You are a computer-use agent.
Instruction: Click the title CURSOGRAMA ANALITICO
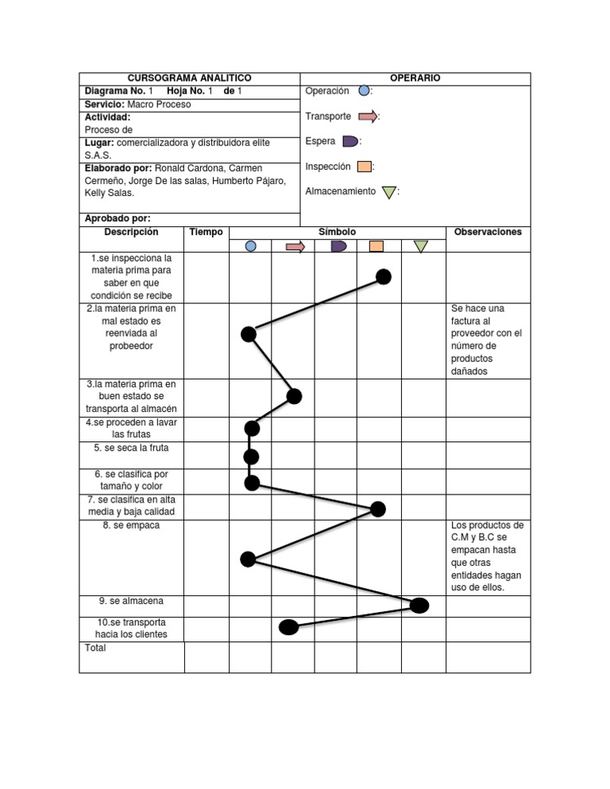pyautogui.click(x=189, y=79)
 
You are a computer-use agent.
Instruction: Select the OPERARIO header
pyautogui.click(x=415, y=79)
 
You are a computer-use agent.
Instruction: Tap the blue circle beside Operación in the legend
pyautogui.click(x=364, y=91)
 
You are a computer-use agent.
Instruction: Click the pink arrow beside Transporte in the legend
pyautogui.click(x=367, y=117)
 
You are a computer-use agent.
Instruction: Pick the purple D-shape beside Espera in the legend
pyautogui.click(x=349, y=141)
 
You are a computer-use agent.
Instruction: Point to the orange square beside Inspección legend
pyautogui.click(x=364, y=167)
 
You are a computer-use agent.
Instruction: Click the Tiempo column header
pyautogui.click(x=207, y=232)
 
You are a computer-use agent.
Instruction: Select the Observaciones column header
pyautogui.click(x=488, y=232)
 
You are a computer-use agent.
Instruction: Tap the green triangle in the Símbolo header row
pyautogui.click(x=420, y=247)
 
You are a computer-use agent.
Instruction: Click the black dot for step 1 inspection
pyautogui.click(x=384, y=276)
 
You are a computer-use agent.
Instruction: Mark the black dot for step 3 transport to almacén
pyautogui.click(x=294, y=397)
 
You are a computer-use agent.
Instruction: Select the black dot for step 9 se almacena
pyautogui.click(x=419, y=606)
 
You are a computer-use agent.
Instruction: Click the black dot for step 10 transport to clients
pyautogui.click(x=288, y=628)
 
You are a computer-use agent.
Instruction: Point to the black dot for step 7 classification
pyautogui.click(x=378, y=509)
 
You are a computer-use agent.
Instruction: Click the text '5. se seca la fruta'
pyautogui.click(x=131, y=448)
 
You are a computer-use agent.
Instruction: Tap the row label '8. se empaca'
pyautogui.click(x=131, y=525)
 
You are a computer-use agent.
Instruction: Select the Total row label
pyautogui.click(x=95, y=648)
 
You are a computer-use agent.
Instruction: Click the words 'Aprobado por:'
pyautogui.click(x=118, y=218)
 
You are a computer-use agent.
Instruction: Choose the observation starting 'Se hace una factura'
pyautogui.click(x=486, y=340)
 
